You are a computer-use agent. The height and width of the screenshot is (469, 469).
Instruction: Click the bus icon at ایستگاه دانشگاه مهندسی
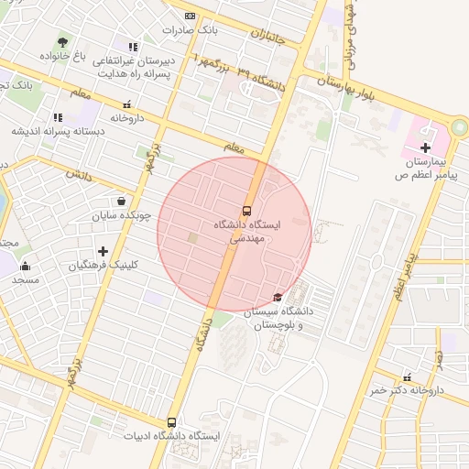(246, 210)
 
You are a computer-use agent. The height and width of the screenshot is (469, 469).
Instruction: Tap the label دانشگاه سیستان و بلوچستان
(280, 318)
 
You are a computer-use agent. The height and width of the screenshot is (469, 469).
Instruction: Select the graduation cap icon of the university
(278, 297)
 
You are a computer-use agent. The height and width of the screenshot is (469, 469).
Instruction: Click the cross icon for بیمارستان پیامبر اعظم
(424, 147)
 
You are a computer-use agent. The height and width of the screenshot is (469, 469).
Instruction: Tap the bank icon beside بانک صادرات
(190, 16)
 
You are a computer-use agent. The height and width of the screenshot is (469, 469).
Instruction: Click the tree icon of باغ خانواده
(62, 42)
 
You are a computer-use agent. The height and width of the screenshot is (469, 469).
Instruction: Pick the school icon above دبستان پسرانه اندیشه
(58, 117)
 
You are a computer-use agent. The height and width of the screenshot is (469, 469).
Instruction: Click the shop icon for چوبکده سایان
(122, 202)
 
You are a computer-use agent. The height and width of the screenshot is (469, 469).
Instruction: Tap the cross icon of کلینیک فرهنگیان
(103, 251)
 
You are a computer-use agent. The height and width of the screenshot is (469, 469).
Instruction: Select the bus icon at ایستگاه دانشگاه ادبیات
(171, 422)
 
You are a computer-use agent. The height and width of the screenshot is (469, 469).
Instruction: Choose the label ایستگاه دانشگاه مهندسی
(246, 230)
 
